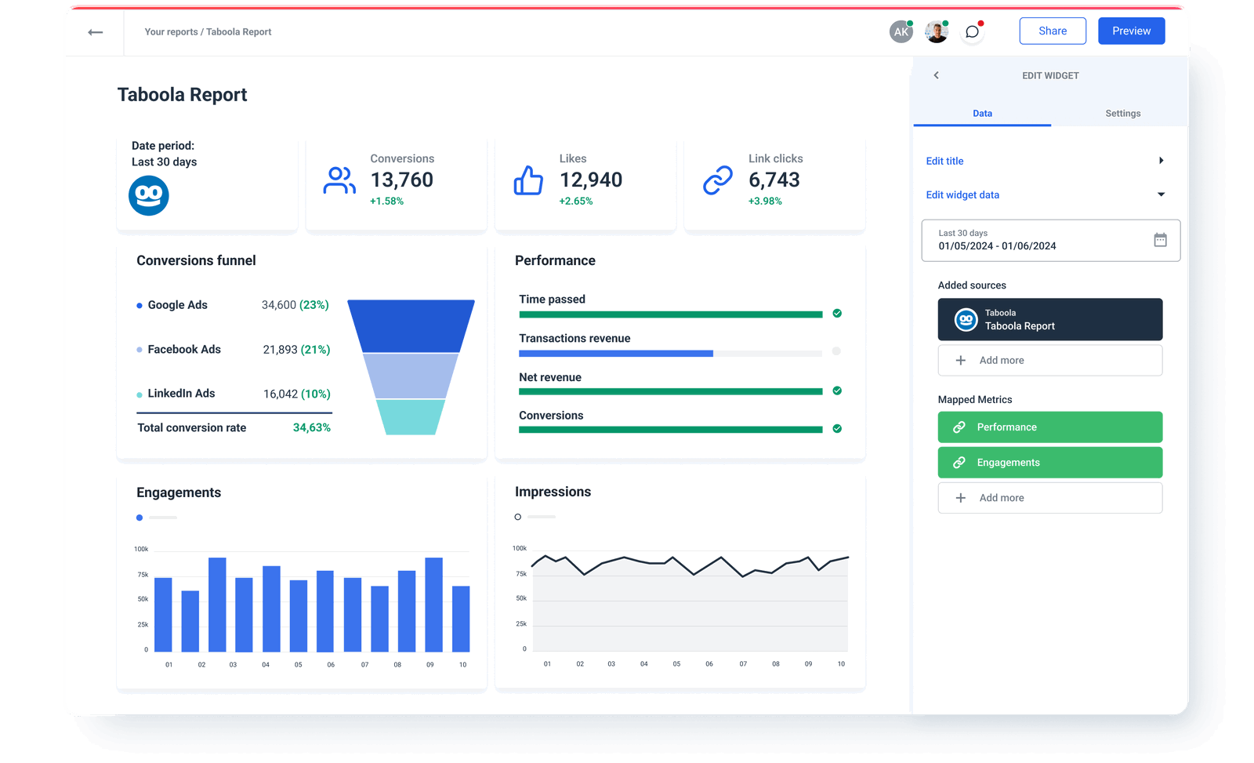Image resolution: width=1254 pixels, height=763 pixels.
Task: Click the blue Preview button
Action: (1131, 31)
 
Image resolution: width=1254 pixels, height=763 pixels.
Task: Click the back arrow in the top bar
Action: (96, 32)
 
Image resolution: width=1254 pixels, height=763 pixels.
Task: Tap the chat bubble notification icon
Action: (972, 32)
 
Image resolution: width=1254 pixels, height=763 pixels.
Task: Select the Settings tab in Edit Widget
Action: (1122, 114)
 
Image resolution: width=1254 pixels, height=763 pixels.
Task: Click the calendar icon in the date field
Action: (1160, 240)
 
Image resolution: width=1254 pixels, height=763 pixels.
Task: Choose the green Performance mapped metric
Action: (1049, 427)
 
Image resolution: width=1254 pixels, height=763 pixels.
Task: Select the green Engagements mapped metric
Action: (1049, 463)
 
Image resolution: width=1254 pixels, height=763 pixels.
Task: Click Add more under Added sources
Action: (1049, 361)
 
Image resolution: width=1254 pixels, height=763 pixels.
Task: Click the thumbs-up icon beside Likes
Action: (528, 180)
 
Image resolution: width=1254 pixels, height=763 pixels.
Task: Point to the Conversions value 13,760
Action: (401, 180)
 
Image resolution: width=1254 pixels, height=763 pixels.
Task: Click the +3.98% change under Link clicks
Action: (765, 202)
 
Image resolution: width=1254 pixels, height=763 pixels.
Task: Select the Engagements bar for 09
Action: (433, 604)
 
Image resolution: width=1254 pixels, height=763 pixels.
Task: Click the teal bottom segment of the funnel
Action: (411, 417)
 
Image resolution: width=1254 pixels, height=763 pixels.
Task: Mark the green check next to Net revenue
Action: (837, 391)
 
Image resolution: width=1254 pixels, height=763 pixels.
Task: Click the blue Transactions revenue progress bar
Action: (615, 354)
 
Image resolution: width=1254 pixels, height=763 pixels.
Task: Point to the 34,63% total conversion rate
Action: (311, 428)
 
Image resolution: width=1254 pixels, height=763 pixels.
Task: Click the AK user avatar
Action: (901, 32)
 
